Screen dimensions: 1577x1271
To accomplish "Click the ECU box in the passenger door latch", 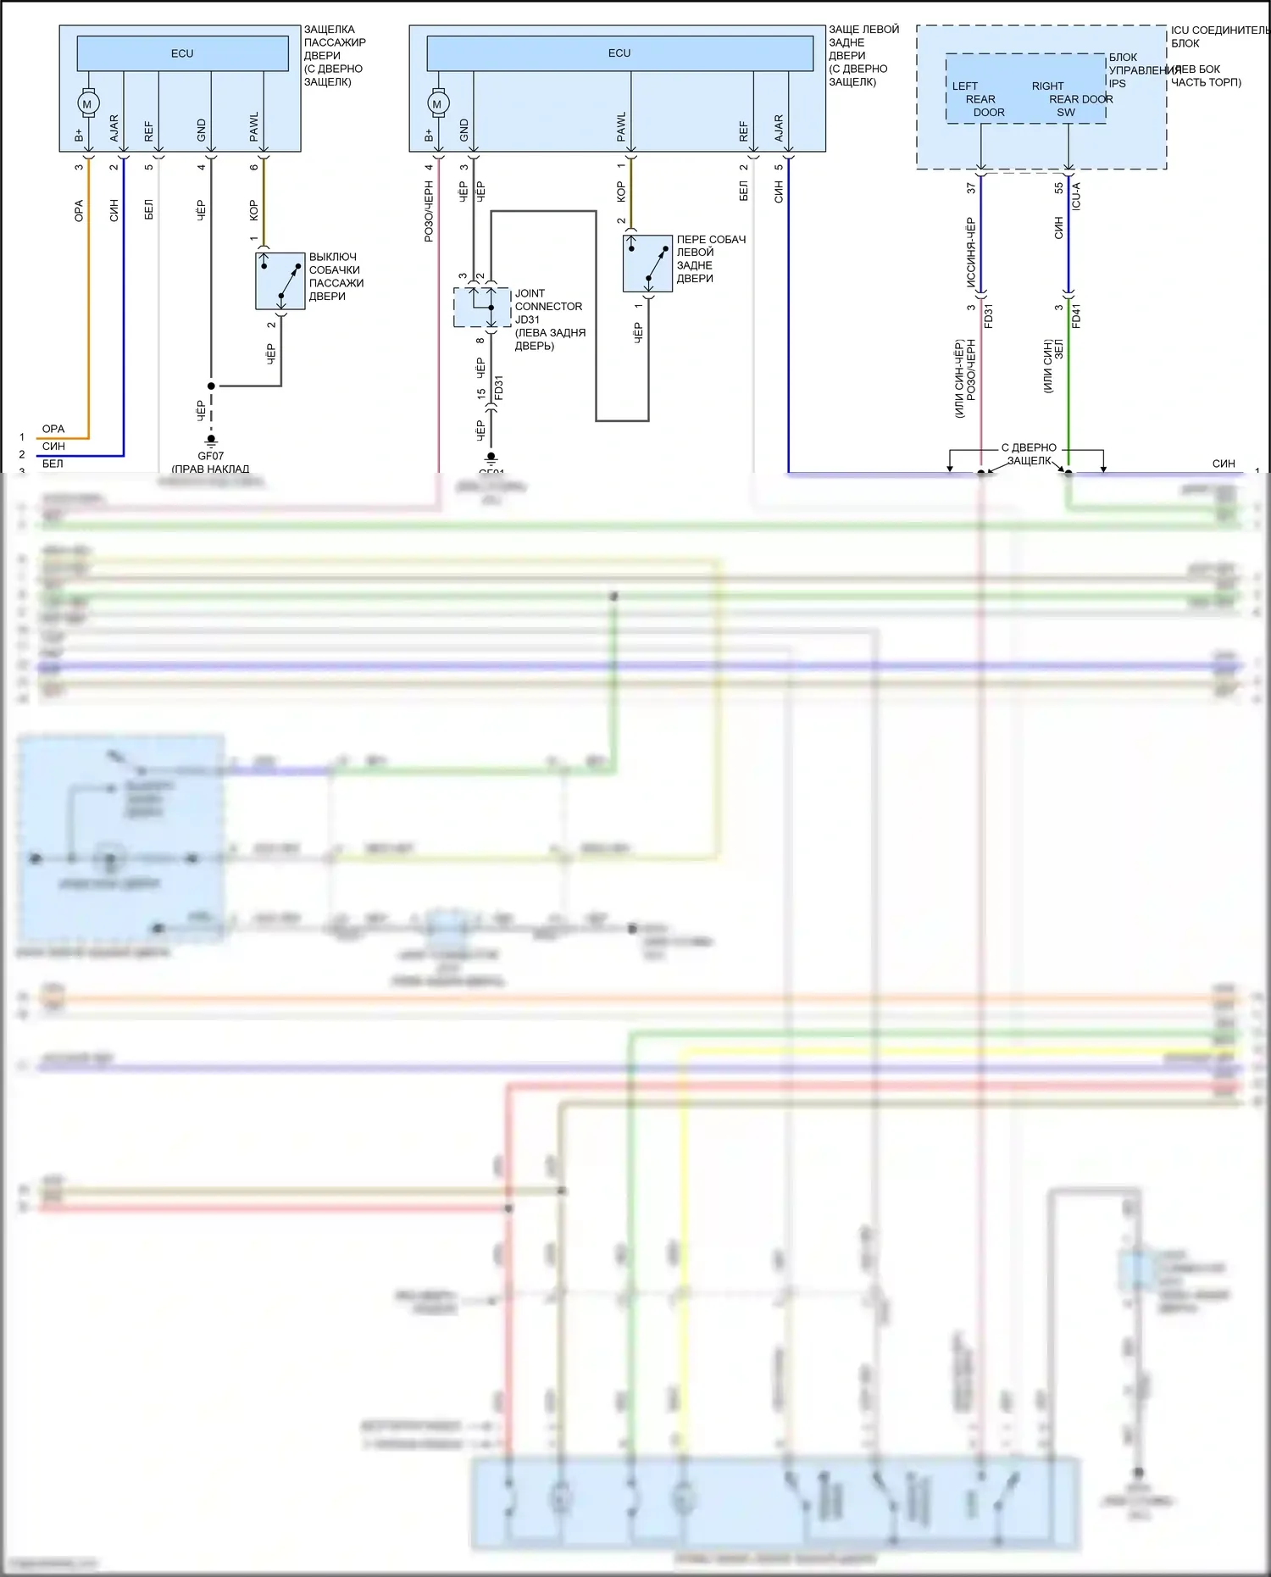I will coord(182,53).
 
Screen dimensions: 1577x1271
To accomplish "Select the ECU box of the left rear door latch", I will coord(619,53).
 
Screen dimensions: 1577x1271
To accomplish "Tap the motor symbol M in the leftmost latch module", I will coord(87,104).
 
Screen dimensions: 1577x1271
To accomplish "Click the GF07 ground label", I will coord(210,456).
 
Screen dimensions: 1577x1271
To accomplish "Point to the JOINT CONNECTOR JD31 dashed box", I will coord(481,307).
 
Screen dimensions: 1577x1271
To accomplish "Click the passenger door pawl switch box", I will coord(280,280).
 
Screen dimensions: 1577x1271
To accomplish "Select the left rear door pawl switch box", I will coord(648,264).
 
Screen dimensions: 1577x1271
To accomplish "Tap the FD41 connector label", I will coord(1076,316).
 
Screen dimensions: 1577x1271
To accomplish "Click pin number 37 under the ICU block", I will coord(971,188).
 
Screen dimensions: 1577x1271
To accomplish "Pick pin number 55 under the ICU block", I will coord(1058,188).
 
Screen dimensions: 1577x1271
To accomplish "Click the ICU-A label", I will coord(1076,196).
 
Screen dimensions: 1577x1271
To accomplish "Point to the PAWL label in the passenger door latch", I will coord(253,126).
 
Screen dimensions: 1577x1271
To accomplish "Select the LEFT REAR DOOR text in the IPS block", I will coord(980,99).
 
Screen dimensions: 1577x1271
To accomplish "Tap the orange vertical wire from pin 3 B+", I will coord(88,297).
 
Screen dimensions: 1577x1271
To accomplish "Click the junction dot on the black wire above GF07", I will coord(211,386).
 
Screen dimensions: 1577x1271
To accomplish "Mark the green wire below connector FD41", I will coord(1068,390).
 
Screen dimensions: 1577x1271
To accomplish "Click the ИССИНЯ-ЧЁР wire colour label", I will coord(971,253).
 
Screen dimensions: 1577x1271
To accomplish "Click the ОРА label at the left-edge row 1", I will coord(53,429).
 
